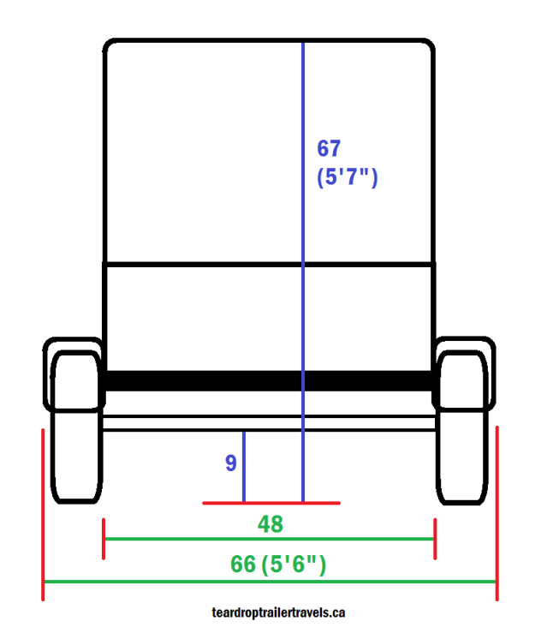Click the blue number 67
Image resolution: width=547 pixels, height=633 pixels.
click(330, 148)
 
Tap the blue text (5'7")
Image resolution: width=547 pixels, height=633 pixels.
click(347, 178)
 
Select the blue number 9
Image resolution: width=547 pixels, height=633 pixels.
click(230, 463)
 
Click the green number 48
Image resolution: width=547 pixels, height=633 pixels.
click(271, 524)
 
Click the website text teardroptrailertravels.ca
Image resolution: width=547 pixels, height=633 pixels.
click(278, 612)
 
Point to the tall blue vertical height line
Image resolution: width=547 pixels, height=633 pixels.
click(303, 257)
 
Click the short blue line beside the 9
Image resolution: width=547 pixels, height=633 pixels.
click(244, 467)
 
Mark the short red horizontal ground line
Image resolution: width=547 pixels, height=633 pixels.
click(271, 503)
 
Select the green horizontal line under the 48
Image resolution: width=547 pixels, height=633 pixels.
click(271, 539)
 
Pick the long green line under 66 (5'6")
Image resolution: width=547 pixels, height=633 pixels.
click(271, 582)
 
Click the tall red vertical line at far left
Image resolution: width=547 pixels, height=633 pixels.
click(43, 514)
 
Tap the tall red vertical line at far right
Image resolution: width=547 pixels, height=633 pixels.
click(496, 514)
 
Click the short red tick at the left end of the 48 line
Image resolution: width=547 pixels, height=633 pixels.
click(104, 539)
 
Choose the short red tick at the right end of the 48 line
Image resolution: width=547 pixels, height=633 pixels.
click(436, 539)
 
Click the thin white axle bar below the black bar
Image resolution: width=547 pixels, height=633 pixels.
click(269, 422)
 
